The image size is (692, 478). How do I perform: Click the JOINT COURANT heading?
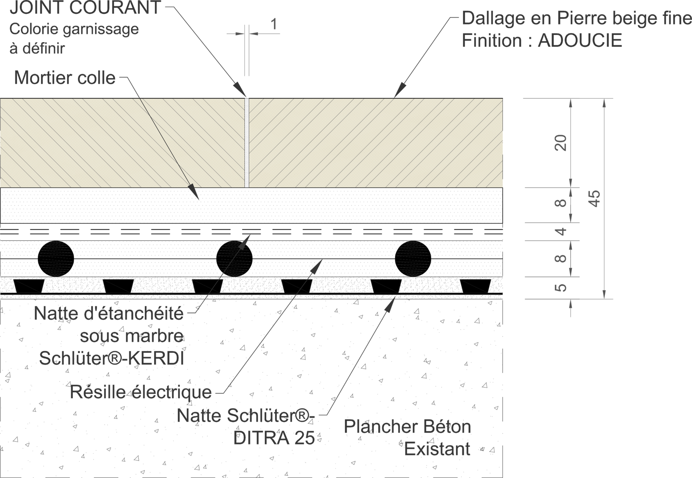coord(85,7)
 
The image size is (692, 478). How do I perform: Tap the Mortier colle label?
coord(65,78)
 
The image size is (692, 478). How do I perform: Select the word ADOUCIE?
coord(580,40)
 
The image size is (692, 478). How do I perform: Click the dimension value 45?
coord(594,199)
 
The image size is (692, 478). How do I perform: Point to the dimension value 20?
coord(561,143)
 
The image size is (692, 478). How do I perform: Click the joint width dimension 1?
coord(274,24)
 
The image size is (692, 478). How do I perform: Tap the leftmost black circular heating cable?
coord(56,259)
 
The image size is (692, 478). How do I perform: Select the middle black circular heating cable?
coord(234,259)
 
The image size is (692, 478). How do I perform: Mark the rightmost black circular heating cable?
coord(413,259)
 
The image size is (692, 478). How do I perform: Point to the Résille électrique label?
coord(141,392)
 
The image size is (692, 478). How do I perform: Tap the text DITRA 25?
coord(274,438)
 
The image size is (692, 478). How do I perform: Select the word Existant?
coord(437,449)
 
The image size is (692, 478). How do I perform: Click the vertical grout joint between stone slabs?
coord(247,143)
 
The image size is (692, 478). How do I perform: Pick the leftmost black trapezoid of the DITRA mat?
coord(29,286)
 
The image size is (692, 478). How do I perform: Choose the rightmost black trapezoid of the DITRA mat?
coord(475,286)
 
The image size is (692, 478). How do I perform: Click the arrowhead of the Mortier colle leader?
coord(194,192)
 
